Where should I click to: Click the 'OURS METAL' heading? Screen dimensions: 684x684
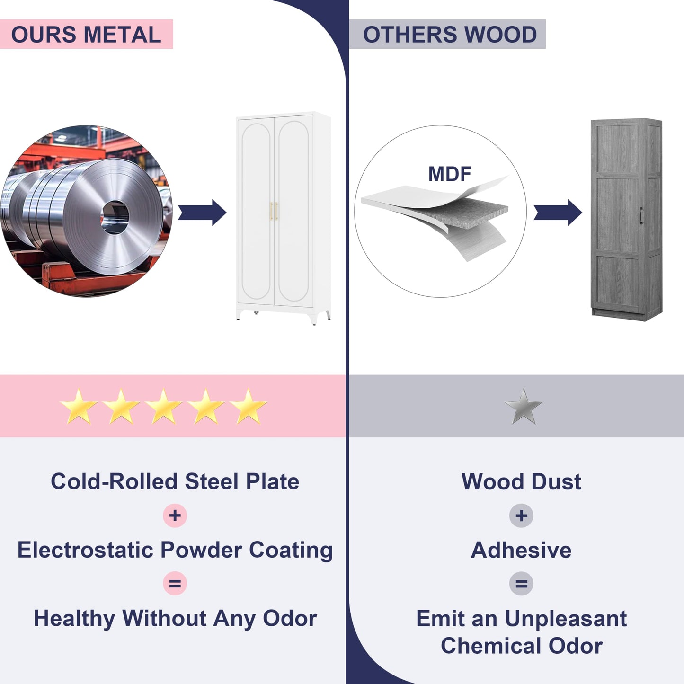pyautogui.click(x=86, y=35)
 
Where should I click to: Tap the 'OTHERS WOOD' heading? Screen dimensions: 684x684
pyautogui.click(x=449, y=35)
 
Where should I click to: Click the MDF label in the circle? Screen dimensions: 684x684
pyautogui.click(x=449, y=174)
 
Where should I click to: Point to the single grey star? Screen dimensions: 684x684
pyautogui.click(x=523, y=407)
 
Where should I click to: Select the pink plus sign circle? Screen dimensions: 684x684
pyautogui.click(x=175, y=515)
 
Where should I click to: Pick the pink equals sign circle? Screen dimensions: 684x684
pyautogui.click(x=175, y=583)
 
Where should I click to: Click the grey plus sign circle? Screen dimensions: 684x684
pyautogui.click(x=521, y=515)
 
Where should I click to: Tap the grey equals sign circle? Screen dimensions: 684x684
pyautogui.click(x=521, y=583)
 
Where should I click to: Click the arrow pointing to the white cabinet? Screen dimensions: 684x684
pyautogui.click(x=202, y=213)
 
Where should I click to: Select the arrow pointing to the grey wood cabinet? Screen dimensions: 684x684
pyautogui.click(x=558, y=213)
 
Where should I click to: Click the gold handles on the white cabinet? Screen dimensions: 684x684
pyautogui.click(x=274, y=211)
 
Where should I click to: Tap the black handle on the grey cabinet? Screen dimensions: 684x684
pyautogui.click(x=641, y=215)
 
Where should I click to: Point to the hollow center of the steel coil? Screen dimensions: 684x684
pyautogui.click(x=115, y=217)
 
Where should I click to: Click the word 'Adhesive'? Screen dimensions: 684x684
pyautogui.click(x=521, y=550)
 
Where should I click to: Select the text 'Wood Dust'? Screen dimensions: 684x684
pyautogui.click(x=521, y=481)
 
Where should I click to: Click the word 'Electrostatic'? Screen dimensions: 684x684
pyautogui.click(x=85, y=550)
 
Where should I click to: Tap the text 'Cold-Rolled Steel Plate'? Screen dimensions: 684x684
pyautogui.click(x=175, y=481)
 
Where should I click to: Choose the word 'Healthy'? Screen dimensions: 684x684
pyautogui.click(x=74, y=618)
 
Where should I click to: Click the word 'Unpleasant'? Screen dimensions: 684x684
pyautogui.click(x=566, y=618)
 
